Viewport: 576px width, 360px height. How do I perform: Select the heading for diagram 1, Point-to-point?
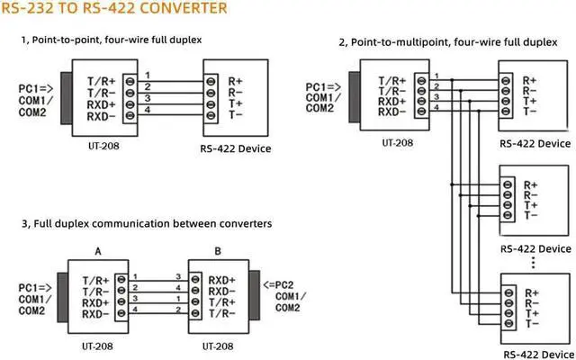coord(112,40)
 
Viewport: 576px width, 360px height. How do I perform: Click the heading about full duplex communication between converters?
coord(146,223)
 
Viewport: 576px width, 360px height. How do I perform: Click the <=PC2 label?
coord(278,284)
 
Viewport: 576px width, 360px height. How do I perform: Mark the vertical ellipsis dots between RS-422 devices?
coord(535,262)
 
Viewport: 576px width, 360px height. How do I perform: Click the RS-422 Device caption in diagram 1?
coord(237,148)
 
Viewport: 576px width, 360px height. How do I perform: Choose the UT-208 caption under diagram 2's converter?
coord(397,142)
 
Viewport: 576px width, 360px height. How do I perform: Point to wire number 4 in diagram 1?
coord(147,111)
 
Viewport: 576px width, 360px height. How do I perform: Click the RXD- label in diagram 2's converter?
coord(395,112)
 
